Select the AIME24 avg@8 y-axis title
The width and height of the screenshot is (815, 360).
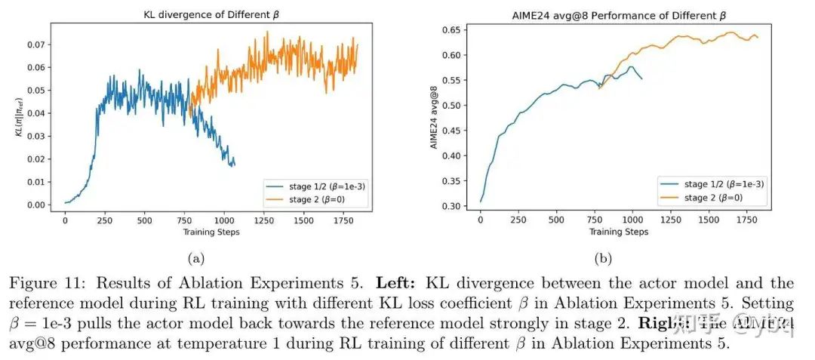(x=435, y=117)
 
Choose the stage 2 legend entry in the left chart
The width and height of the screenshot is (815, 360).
(x=314, y=199)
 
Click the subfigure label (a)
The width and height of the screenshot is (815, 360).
(x=196, y=258)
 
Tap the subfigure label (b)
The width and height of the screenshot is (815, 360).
(x=603, y=258)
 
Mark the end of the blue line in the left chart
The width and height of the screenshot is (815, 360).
(x=234, y=164)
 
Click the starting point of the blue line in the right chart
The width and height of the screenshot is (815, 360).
(x=480, y=202)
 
